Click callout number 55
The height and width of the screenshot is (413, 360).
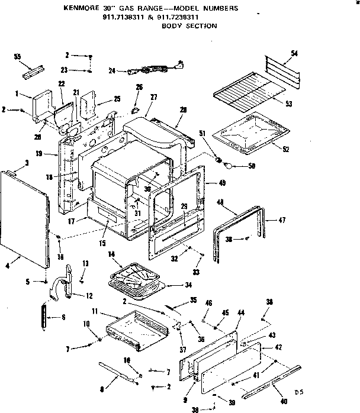17,56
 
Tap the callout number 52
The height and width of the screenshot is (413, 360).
286,148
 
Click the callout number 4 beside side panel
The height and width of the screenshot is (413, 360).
8,266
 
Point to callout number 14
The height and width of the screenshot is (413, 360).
110,255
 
